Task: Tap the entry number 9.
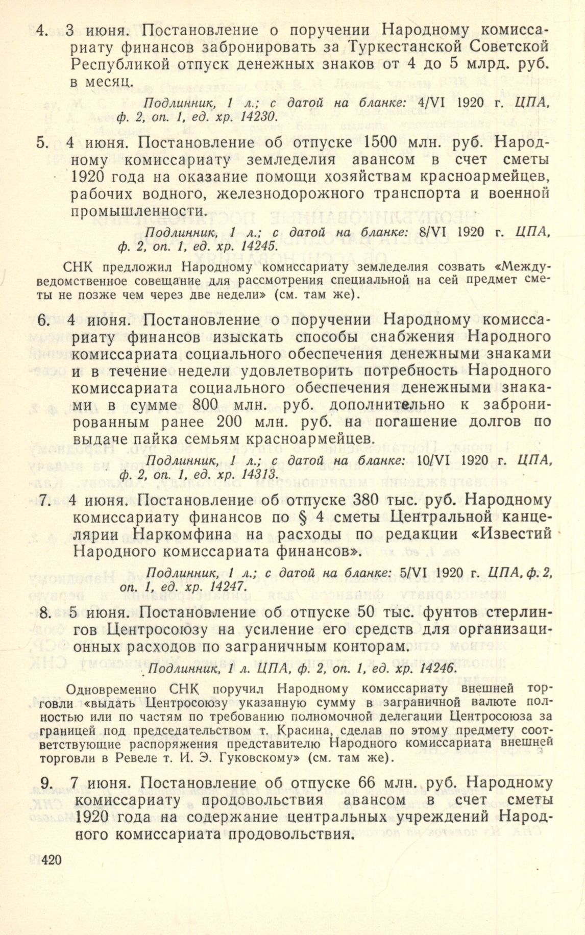[x=45, y=783]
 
